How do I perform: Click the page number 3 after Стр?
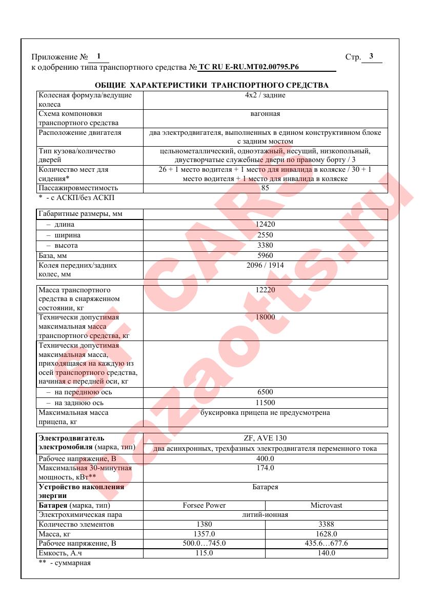(371, 56)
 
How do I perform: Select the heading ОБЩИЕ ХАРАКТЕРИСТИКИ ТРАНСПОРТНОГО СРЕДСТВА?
(212, 85)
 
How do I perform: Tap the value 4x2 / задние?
(265, 95)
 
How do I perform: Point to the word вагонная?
(265, 114)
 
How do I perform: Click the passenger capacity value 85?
(265, 188)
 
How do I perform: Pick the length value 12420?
(265, 225)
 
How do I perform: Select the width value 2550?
(265, 235)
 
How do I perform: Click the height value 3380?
(265, 245)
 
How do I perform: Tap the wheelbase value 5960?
(265, 255)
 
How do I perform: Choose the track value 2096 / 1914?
(265, 266)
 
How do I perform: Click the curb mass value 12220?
(265, 290)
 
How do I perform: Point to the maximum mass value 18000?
(265, 317)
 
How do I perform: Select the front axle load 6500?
(265, 392)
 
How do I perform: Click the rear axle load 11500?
(265, 403)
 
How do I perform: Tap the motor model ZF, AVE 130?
(265, 438)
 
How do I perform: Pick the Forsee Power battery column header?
(204, 505)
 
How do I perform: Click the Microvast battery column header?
(326, 505)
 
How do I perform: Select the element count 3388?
(326, 525)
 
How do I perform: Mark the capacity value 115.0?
(204, 553)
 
